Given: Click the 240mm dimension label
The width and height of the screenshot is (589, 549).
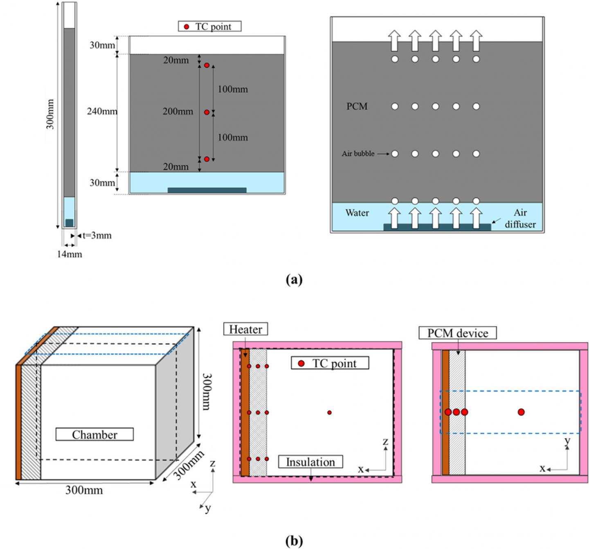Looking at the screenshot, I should pyautogui.click(x=101, y=111).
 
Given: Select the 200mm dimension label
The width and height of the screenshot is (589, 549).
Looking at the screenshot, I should pyautogui.click(x=178, y=111).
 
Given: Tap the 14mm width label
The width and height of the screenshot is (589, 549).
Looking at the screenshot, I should pyautogui.click(x=69, y=254).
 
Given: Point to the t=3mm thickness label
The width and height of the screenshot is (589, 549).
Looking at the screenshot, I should pyautogui.click(x=97, y=236).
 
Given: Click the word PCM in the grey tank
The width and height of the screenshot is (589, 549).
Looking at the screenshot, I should pyautogui.click(x=357, y=106).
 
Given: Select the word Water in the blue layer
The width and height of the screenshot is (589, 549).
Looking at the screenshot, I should pyautogui.click(x=357, y=213).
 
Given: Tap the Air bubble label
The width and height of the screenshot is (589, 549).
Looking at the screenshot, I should pyautogui.click(x=358, y=154).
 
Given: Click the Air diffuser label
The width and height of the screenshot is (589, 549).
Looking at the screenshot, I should pyautogui.click(x=520, y=218).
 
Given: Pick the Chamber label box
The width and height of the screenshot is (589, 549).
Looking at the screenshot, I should pyautogui.click(x=94, y=434).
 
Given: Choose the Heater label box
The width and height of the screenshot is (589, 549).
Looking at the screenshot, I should pyautogui.click(x=245, y=329).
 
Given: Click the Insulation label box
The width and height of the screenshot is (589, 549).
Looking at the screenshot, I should pyautogui.click(x=310, y=462).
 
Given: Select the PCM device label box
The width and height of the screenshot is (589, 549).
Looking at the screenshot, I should pyautogui.click(x=458, y=333).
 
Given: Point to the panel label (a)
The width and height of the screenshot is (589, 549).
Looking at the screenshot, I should pyautogui.click(x=294, y=280).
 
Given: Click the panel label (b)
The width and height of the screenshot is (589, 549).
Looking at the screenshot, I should pyautogui.click(x=294, y=541).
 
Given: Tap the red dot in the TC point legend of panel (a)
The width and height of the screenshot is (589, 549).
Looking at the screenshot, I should pyautogui.click(x=187, y=27).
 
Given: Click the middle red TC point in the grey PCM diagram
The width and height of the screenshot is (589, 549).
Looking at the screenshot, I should pyautogui.click(x=207, y=112).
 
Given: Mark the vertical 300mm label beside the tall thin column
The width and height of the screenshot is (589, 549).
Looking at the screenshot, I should pyautogui.click(x=50, y=114).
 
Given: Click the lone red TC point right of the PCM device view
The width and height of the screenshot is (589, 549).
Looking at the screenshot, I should pyautogui.click(x=521, y=412).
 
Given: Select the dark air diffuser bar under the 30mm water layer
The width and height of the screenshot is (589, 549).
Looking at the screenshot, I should pyautogui.click(x=207, y=190).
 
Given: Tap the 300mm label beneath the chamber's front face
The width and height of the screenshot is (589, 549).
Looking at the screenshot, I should pyautogui.click(x=84, y=490).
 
